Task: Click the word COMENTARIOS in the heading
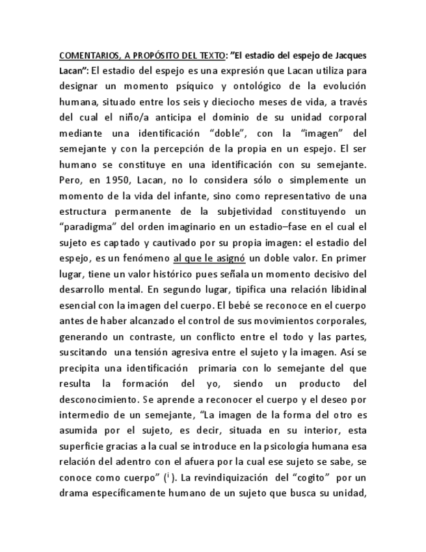(83, 55)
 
